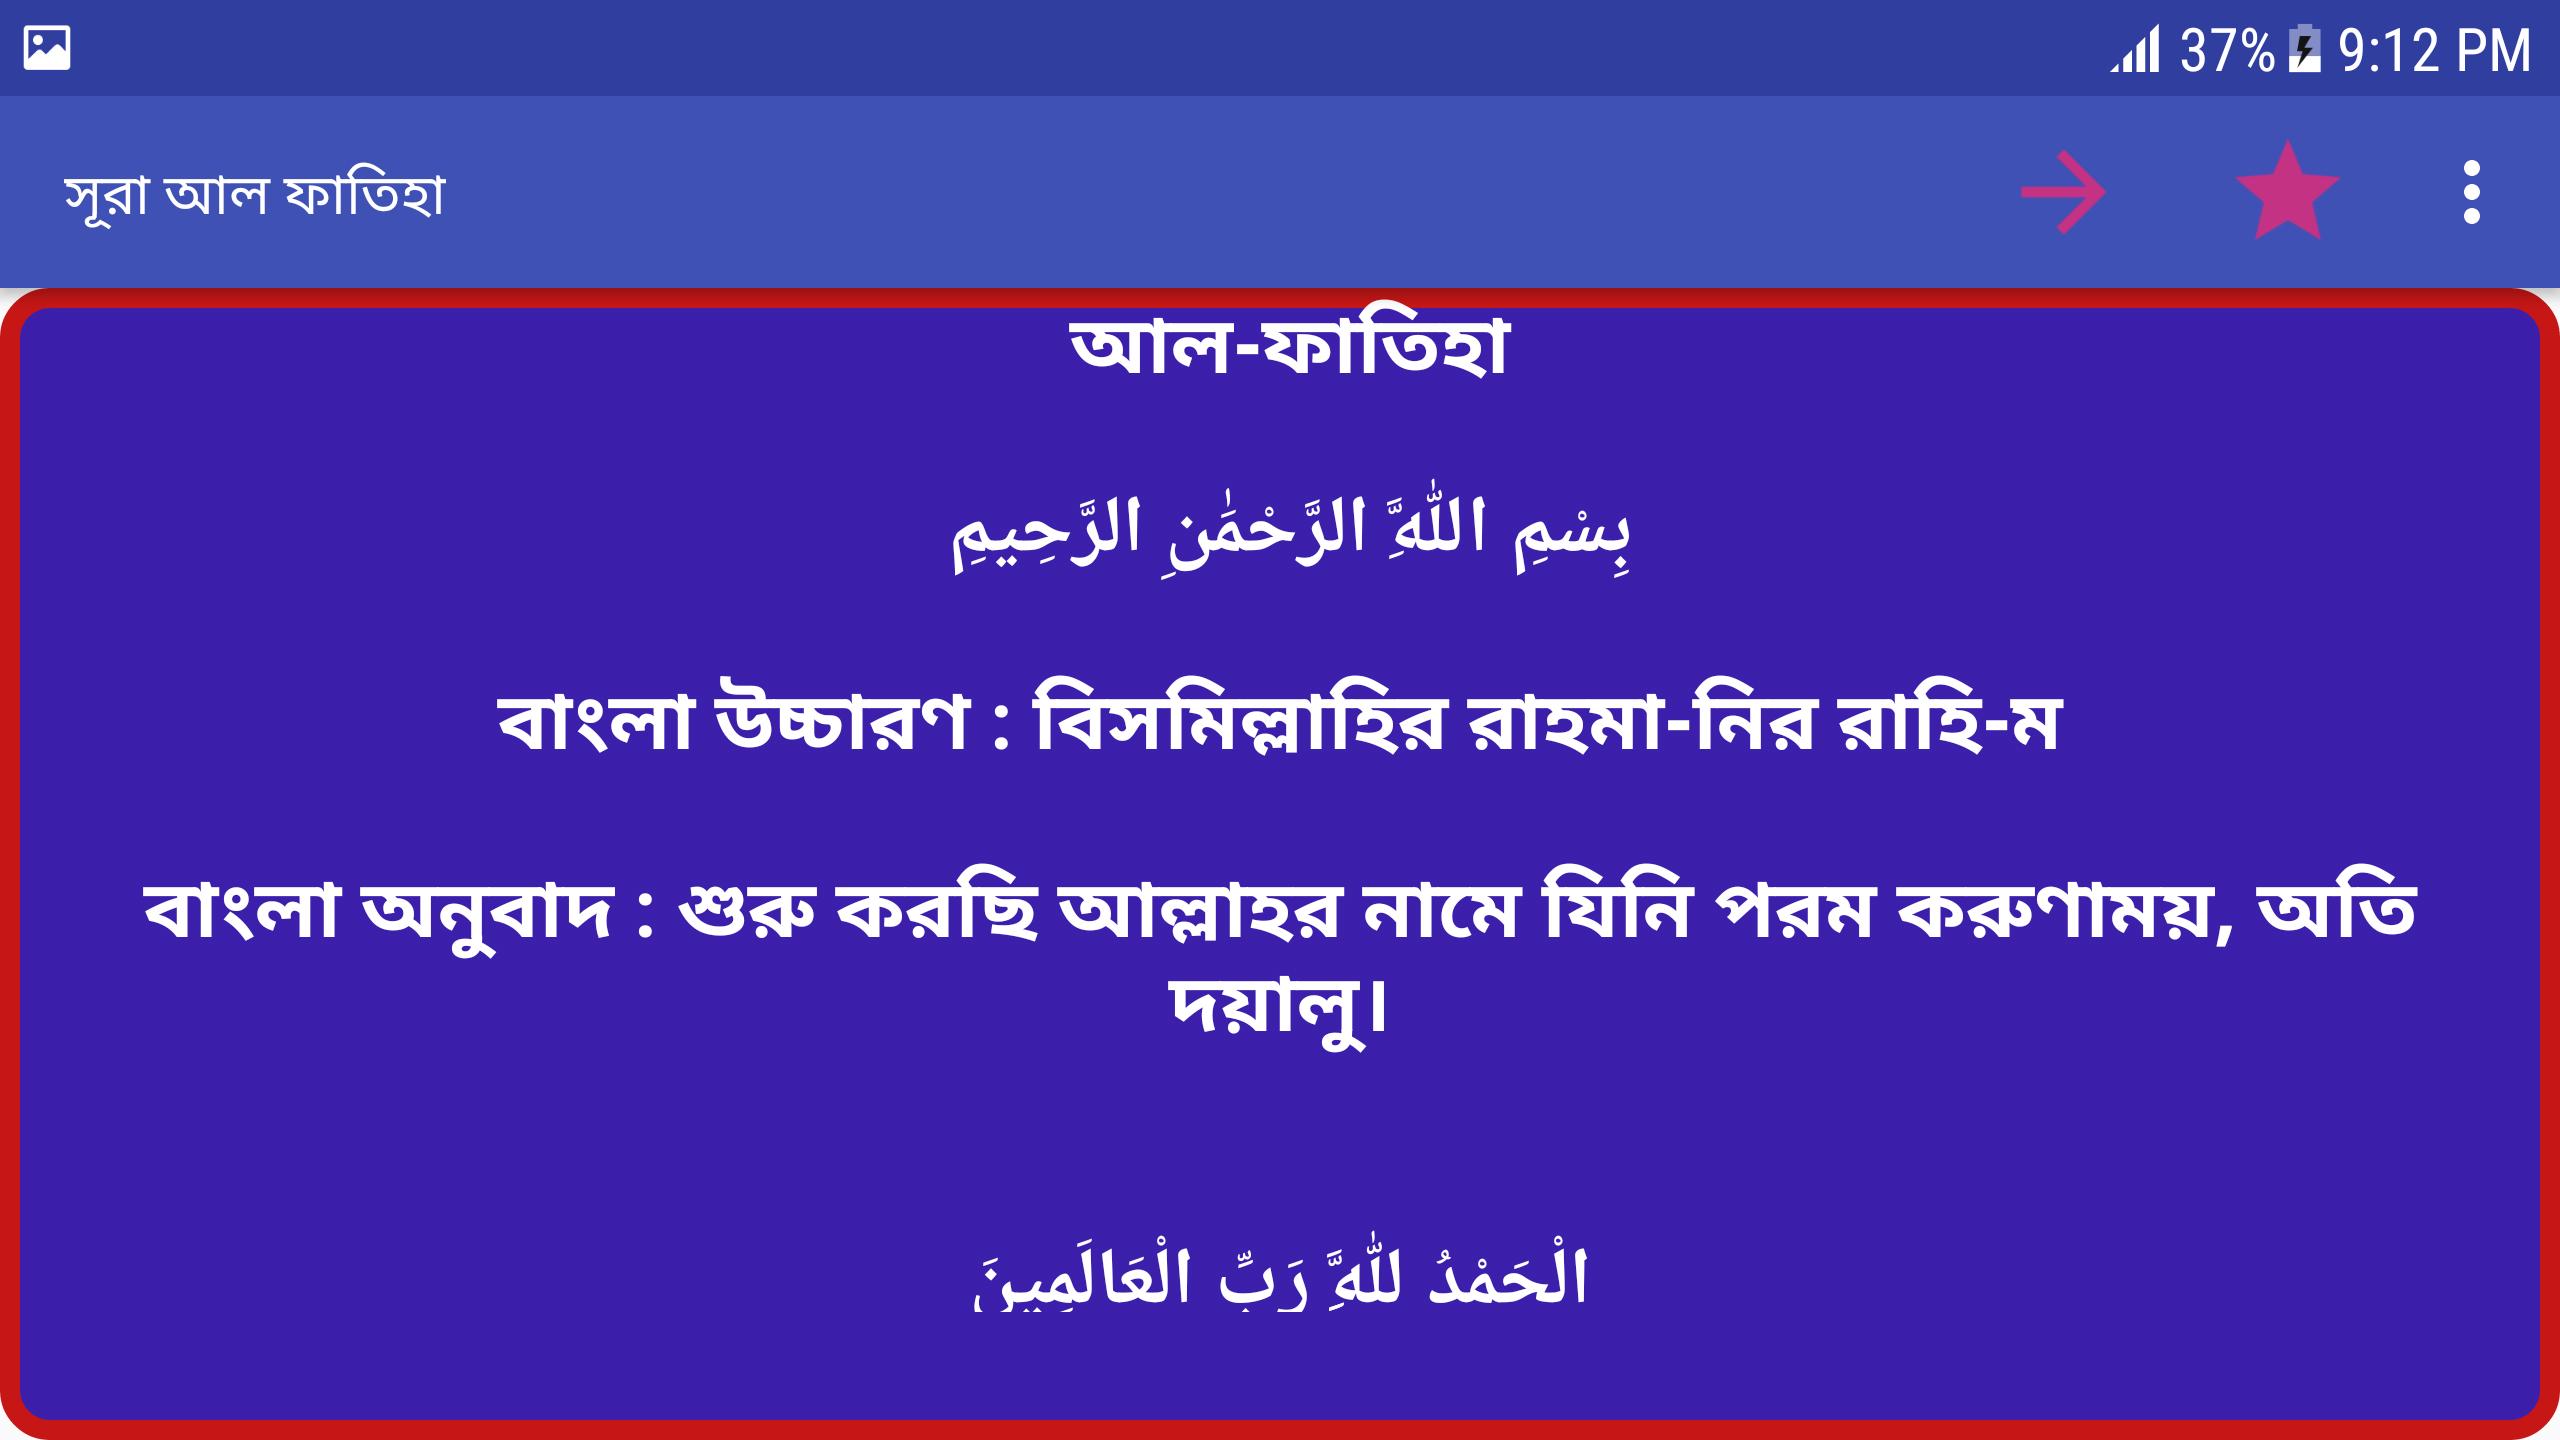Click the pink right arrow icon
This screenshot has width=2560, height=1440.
[x=2063, y=192]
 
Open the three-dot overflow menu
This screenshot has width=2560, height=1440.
[x=2472, y=192]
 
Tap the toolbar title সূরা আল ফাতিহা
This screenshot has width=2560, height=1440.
[x=254, y=194]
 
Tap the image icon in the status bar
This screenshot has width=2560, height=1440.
[x=47, y=48]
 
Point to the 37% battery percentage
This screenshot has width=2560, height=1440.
[x=2227, y=50]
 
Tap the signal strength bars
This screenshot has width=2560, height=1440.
[x=2134, y=50]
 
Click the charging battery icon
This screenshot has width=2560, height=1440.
[x=2305, y=50]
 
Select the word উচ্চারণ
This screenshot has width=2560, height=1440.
[x=843, y=723]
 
